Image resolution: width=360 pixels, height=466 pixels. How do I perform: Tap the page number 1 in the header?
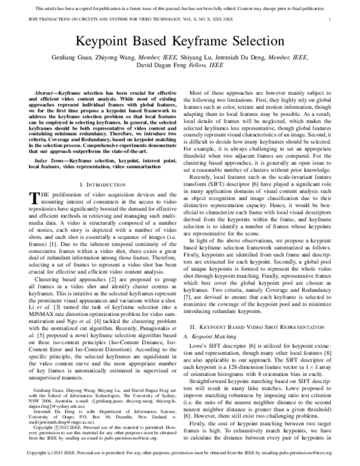331,20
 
